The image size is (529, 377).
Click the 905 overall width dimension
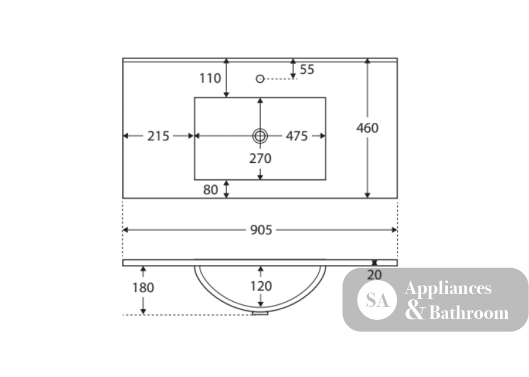tap(261, 230)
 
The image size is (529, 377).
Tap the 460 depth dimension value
tap(368, 128)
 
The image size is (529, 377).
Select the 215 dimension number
tap(158, 136)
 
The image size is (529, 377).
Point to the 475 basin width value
tap(297, 136)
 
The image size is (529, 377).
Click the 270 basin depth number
tap(260, 159)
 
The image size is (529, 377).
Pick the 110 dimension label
tap(210, 78)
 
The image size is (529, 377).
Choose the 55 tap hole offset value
tap(307, 69)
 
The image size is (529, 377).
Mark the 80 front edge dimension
tap(211, 190)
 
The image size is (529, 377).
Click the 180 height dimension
tap(143, 288)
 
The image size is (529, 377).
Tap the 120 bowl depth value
tap(261, 286)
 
